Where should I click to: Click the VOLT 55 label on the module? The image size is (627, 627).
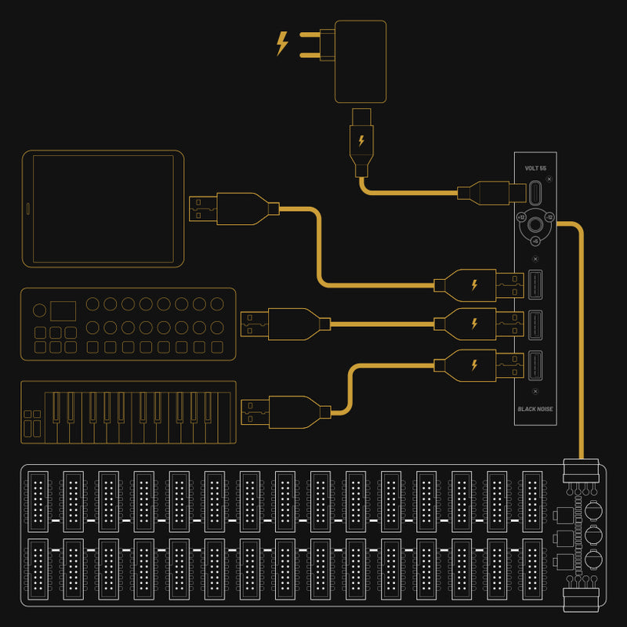pyautogui.click(x=535, y=169)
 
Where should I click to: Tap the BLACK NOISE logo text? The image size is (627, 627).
pyautogui.click(x=535, y=408)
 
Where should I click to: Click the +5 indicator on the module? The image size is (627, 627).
pyautogui.click(x=535, y=241)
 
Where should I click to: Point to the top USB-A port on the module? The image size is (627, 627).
pyautogui.click(x=535, y=285)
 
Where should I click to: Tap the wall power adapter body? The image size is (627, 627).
pyautogui.click(x=361, y=60)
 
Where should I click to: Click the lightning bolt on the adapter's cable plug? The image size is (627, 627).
pyautogui.click(x=361, y=141)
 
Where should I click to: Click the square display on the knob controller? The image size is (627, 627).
pyautogui.click(x=63, y=310)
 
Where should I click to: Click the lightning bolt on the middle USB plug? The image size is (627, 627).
pyautogui.click(x=473, y=323)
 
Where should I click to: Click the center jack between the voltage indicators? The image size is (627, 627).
pyautogui.click(x=535, y=225)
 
